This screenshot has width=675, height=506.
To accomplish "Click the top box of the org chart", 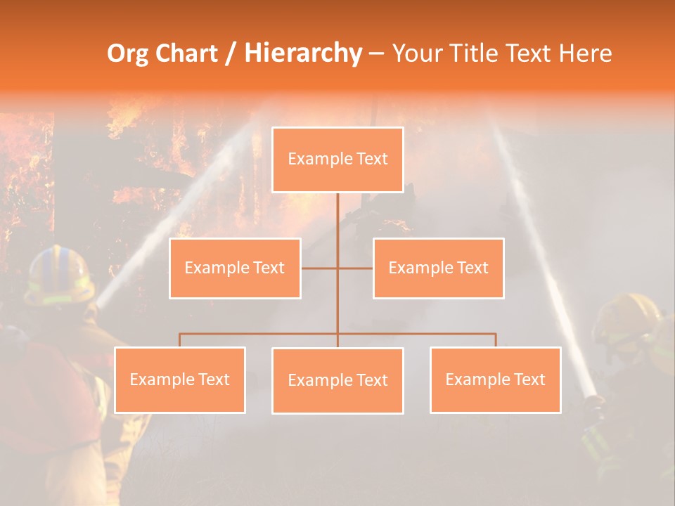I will click(x=337, y=160).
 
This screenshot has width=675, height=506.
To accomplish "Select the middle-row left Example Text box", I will click(x=235, y=268).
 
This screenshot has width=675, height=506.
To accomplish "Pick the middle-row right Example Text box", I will click(x=438, y=268).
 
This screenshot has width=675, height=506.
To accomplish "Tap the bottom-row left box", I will click(x=179, y=379).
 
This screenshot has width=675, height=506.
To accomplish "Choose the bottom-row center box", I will click(x=337, y=380).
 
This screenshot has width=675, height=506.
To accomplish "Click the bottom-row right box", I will click(x=495, y=379).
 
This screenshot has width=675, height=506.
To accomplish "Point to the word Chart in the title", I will click(x=186, y=53).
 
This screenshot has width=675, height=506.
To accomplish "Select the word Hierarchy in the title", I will click(x=302, y=53).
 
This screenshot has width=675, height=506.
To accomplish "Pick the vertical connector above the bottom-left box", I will click(x=180, y=340).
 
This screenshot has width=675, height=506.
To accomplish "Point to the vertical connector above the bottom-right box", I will click(x=496, y=340).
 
